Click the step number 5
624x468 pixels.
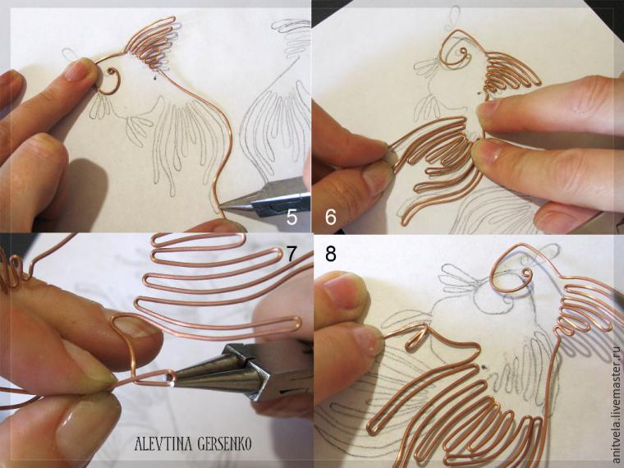[x=291, y=218]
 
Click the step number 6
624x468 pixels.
[x=331, y=218]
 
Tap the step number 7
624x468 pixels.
[x=292, y=255]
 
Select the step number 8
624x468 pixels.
[x=331, y=254]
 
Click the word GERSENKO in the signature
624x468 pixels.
[x=223, y=443]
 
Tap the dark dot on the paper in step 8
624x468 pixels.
[x=484, y=369]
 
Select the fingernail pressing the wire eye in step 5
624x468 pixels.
[x=81, y=71]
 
